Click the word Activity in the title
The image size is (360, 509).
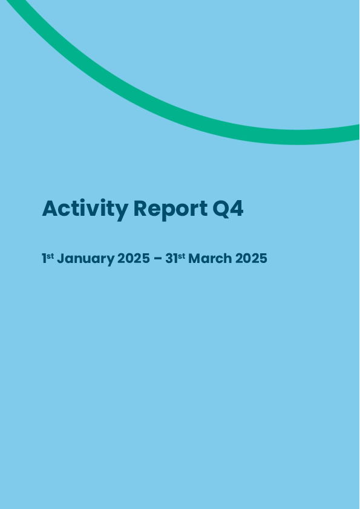click(85, 209)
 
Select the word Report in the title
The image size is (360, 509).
click(171, 209)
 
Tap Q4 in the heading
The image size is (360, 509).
click(228, 209)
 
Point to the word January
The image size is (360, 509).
click(86, 259)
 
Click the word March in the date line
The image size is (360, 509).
click(210, 258)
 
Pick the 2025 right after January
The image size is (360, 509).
click(134, 258)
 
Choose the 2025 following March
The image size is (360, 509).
click(251, 258)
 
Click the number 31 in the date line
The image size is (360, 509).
click(172, 258)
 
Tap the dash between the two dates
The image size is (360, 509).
click(157, 259)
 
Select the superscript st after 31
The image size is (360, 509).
click(182, 256)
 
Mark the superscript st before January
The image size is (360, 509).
click(50, 256)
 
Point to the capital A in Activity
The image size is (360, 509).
click(50, 209)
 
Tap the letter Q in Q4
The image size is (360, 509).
click(220, 209)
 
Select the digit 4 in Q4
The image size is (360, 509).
click(236, 209)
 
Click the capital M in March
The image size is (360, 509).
click(195, 258)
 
